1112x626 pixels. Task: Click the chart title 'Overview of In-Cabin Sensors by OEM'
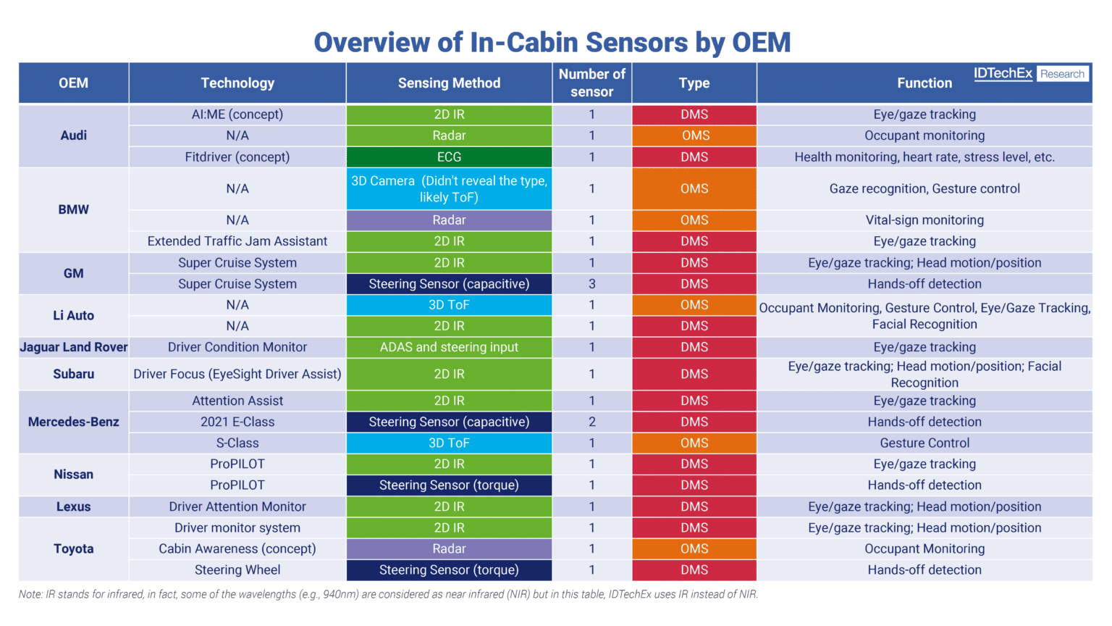click(552, 42)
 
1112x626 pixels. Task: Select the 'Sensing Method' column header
click(449, 83)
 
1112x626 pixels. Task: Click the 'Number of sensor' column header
click(591, 83)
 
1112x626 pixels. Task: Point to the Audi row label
click(73, 135)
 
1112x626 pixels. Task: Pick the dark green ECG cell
click(449, 157)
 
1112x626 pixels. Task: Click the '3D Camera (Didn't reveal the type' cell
click(449, 189)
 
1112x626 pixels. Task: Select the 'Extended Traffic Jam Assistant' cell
click(237, 241)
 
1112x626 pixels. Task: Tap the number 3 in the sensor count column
click(591, 284)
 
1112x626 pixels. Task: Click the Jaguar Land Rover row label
click(73, 347)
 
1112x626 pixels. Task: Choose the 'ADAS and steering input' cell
click(449, 347)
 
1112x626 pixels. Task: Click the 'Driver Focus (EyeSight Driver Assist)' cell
click(237, 374)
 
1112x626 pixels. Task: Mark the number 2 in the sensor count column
click(591, 422)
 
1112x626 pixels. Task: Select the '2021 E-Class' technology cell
click(237, 422)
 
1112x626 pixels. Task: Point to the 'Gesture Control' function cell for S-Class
click(924, 443)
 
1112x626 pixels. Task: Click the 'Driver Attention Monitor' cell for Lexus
click(237, 506)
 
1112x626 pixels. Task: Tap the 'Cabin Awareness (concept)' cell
click(237, 548)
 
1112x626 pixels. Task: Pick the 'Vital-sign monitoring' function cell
click(924, 220)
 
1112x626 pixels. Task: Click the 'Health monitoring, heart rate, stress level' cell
click(924, 157)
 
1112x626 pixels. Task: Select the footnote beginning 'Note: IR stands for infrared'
click(388, 594)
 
